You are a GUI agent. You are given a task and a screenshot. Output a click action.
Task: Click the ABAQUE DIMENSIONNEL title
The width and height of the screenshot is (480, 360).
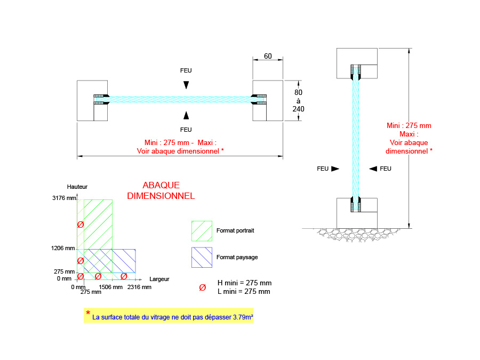[x=161, y=190]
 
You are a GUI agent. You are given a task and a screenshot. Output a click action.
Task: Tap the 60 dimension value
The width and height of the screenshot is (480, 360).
[x=268, y=56]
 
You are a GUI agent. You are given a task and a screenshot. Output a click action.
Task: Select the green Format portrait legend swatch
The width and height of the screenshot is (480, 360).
[x=202, y=231]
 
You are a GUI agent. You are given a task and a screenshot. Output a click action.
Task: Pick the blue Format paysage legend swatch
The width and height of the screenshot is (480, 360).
[x=202, y=257]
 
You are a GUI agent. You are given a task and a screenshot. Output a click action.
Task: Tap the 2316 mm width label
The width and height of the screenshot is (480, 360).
[x=139, y=287]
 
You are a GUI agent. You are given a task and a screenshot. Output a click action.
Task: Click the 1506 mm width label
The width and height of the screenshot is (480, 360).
[x=111, y=287]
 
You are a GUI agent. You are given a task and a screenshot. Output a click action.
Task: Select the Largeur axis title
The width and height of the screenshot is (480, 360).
[x=159, y=278]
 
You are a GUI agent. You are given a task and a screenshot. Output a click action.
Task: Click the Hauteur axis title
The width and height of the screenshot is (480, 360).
[x=77, y=187]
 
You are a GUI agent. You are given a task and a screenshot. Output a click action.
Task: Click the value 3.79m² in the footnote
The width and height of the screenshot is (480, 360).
[x=243, y=317]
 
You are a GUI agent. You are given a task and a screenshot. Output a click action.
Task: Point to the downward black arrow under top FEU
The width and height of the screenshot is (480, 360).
[x=186, y=85]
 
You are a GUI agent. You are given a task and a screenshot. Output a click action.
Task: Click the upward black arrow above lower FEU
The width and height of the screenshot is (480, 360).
[x=186, y=115]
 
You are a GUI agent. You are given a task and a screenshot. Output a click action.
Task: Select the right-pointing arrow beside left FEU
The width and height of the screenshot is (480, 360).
[x=335, y=169]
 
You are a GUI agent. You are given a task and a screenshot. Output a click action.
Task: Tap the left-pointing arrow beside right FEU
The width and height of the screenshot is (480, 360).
[x=373, y=169]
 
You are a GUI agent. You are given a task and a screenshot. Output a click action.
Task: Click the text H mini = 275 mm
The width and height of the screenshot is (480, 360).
[x=244, y=283]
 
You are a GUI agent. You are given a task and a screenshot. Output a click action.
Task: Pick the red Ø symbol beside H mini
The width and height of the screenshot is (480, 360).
[x=202, y=287]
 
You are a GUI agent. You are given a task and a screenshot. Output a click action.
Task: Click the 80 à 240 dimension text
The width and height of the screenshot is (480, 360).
[x=298, y=100]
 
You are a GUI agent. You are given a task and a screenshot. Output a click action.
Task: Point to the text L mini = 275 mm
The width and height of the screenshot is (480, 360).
[x=244, y=292]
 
